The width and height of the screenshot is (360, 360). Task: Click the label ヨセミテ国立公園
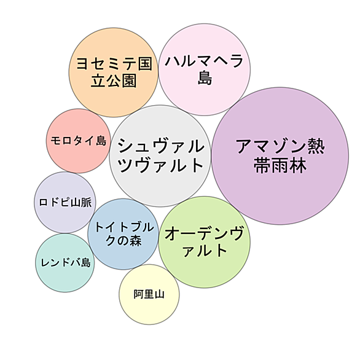tap(114, 72)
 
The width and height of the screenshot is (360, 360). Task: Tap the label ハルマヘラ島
tap(205, 69)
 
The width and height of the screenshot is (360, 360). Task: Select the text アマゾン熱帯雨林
tap(280, 155)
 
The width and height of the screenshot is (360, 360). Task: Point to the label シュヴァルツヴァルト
tap(160, 155)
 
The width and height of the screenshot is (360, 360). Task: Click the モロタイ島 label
tap(79, 141)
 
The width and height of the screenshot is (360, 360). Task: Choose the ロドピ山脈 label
tap(66, 202)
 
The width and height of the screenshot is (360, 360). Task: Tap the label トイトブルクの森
tap(123, 234)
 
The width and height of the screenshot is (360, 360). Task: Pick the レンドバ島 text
tap(65, 262)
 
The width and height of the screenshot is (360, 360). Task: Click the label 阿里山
tap(149, 294)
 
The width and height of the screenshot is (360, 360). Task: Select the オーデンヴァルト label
tap(205, 242)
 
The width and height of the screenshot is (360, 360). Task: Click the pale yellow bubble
tap(149, 294)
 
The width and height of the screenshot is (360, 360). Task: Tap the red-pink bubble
tap(79, 141)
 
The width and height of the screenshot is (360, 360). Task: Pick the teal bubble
tap(65, 263)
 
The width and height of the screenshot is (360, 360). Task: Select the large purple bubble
tap(280, 156)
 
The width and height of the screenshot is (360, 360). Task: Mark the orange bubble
tap(114, 72)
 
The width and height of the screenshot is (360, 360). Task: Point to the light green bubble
tap(205, 242)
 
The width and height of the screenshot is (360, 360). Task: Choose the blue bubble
tap(123, 234)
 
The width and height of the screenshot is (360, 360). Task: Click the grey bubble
tap(160, 156)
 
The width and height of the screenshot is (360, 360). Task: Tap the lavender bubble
tap(65, 202)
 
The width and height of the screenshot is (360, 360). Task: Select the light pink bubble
tap(205, 69)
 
